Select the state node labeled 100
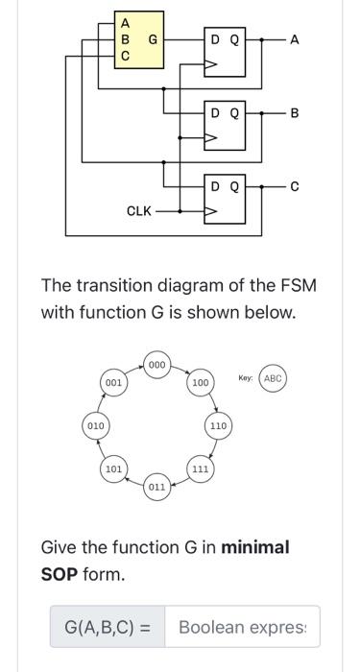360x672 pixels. tap(201, 383)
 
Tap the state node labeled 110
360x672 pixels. tap(218, 424)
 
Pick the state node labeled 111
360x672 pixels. tap(200, 468)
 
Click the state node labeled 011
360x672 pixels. tap(157, 487)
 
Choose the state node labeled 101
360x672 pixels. tap(114, 469)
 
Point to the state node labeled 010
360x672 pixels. tap(95, 424)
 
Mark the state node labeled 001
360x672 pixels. tap(114, 382)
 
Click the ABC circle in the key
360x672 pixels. tap(273, 378)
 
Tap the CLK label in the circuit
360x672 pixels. tap(139, 210)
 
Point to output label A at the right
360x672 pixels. tap(295, 39)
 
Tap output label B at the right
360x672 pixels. tap(295, 113)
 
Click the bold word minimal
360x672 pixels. tap(255, 547)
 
